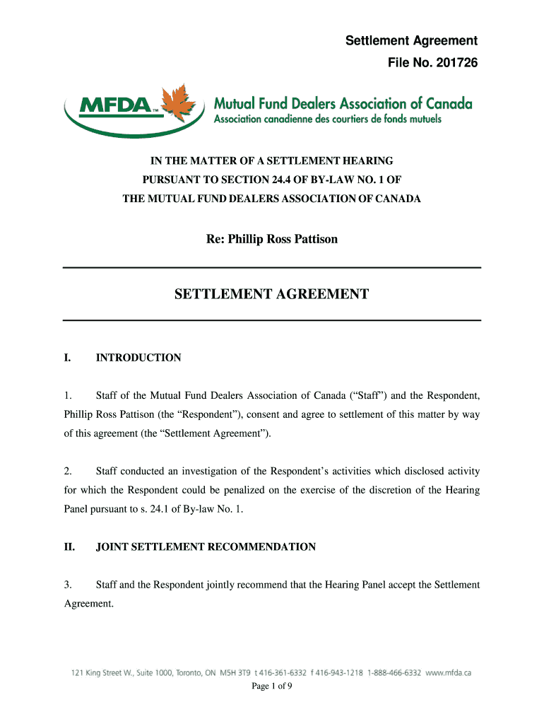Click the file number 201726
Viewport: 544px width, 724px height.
pos(452,64)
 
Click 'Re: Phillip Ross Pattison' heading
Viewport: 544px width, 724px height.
pos(271,239)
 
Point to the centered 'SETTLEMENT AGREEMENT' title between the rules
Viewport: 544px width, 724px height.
pos(271,294)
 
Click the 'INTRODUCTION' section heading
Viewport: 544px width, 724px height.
pos(138,358)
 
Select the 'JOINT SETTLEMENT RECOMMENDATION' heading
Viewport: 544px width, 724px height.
pos(206,547)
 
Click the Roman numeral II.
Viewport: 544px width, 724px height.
pos(69,547)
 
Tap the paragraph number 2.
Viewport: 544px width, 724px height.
pos(67,471)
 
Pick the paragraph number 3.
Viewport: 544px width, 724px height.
pos(67,585)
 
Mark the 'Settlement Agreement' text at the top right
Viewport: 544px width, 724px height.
pos(411,41)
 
